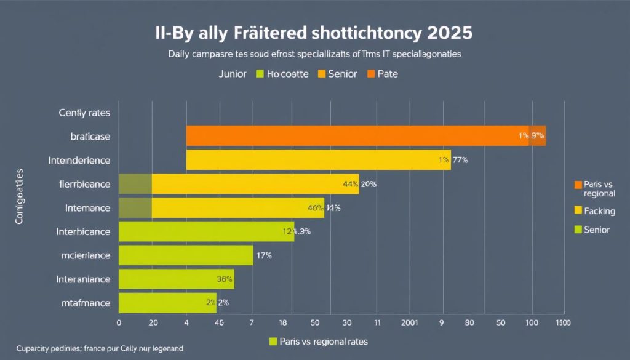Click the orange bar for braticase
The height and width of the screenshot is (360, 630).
[357, 136]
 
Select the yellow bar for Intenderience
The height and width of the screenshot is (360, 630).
[308, 160]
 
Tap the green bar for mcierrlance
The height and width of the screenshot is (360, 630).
[185, 255]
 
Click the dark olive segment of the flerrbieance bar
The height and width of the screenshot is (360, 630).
[135, 184]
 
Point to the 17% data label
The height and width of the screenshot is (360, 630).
[263, 255]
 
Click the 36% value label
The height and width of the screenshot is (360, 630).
[225, 279]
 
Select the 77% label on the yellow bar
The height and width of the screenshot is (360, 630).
[460, 160]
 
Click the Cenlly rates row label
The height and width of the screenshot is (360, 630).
[84, 113]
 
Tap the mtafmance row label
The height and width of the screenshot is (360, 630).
[86, 303]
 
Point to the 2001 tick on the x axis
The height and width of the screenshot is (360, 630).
[409, 322]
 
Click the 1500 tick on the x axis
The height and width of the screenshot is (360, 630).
[563, 322]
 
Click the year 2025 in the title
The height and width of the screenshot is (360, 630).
[449, 33]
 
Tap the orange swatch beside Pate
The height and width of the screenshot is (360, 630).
[370, 74]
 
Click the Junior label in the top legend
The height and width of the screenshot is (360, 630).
[232, 74]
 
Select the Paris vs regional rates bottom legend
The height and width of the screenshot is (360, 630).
[319, 341]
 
